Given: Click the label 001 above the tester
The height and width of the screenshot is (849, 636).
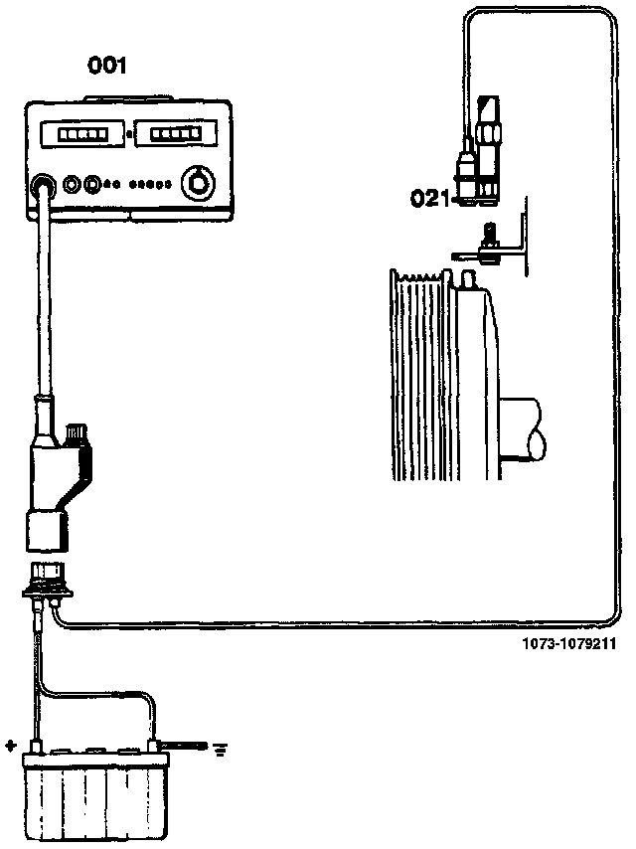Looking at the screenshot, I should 108,66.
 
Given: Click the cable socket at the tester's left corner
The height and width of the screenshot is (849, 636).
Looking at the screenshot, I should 43,185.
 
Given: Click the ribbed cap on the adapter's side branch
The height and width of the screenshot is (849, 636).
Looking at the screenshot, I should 75,435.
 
